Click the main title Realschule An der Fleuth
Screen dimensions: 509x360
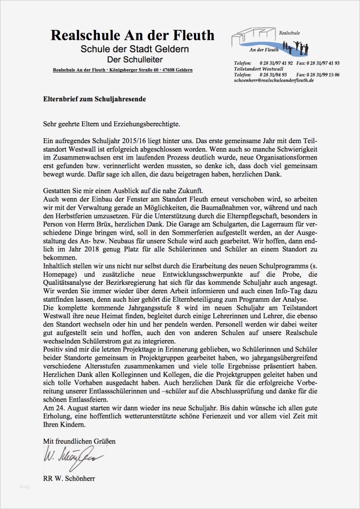[132, 35]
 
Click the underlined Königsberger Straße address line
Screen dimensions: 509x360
[122, 70]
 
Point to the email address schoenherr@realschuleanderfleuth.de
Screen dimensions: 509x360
[273, 80]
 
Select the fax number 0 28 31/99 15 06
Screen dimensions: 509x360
[323, 75]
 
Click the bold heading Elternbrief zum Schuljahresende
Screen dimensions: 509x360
[94, 99]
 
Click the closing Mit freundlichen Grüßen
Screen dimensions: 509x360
[79, 441]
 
